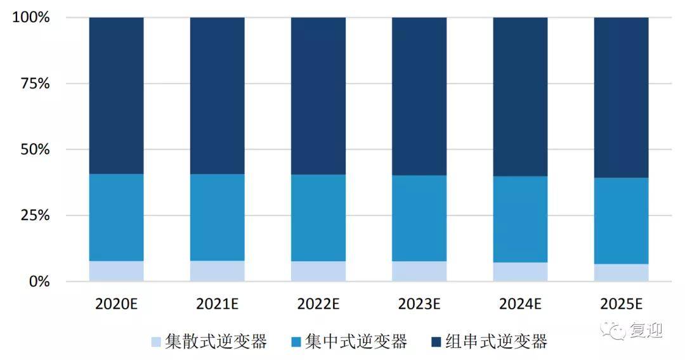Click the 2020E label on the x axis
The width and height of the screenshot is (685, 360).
click(116, 304)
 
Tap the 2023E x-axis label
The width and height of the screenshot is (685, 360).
click(419, 304)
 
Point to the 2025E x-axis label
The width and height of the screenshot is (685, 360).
click(621, 304)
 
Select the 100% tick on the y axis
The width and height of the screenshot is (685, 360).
click(30, 17)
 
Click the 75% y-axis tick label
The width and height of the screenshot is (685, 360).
click(35, 84)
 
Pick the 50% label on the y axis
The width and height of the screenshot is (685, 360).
click(35, 150)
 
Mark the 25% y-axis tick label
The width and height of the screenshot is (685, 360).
click(35, 215)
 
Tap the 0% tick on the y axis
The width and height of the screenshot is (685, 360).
click(39, 281)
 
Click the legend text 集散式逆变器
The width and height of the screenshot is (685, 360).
click(216, 342)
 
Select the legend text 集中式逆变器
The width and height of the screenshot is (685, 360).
click(356, 342)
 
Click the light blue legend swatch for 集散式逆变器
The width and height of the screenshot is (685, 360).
click(156, 342)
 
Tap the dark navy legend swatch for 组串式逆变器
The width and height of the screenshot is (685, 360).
click(436, 342)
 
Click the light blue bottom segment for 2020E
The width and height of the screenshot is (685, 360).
click(116, 271)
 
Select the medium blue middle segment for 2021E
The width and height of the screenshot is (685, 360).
click(217, 217)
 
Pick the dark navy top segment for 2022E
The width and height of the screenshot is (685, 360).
click(318, 95)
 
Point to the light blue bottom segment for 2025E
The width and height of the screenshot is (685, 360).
click(621, 273)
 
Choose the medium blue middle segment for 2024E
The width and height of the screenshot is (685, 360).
click(520, 219)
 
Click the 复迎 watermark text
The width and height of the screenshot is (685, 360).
click(646, 330)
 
